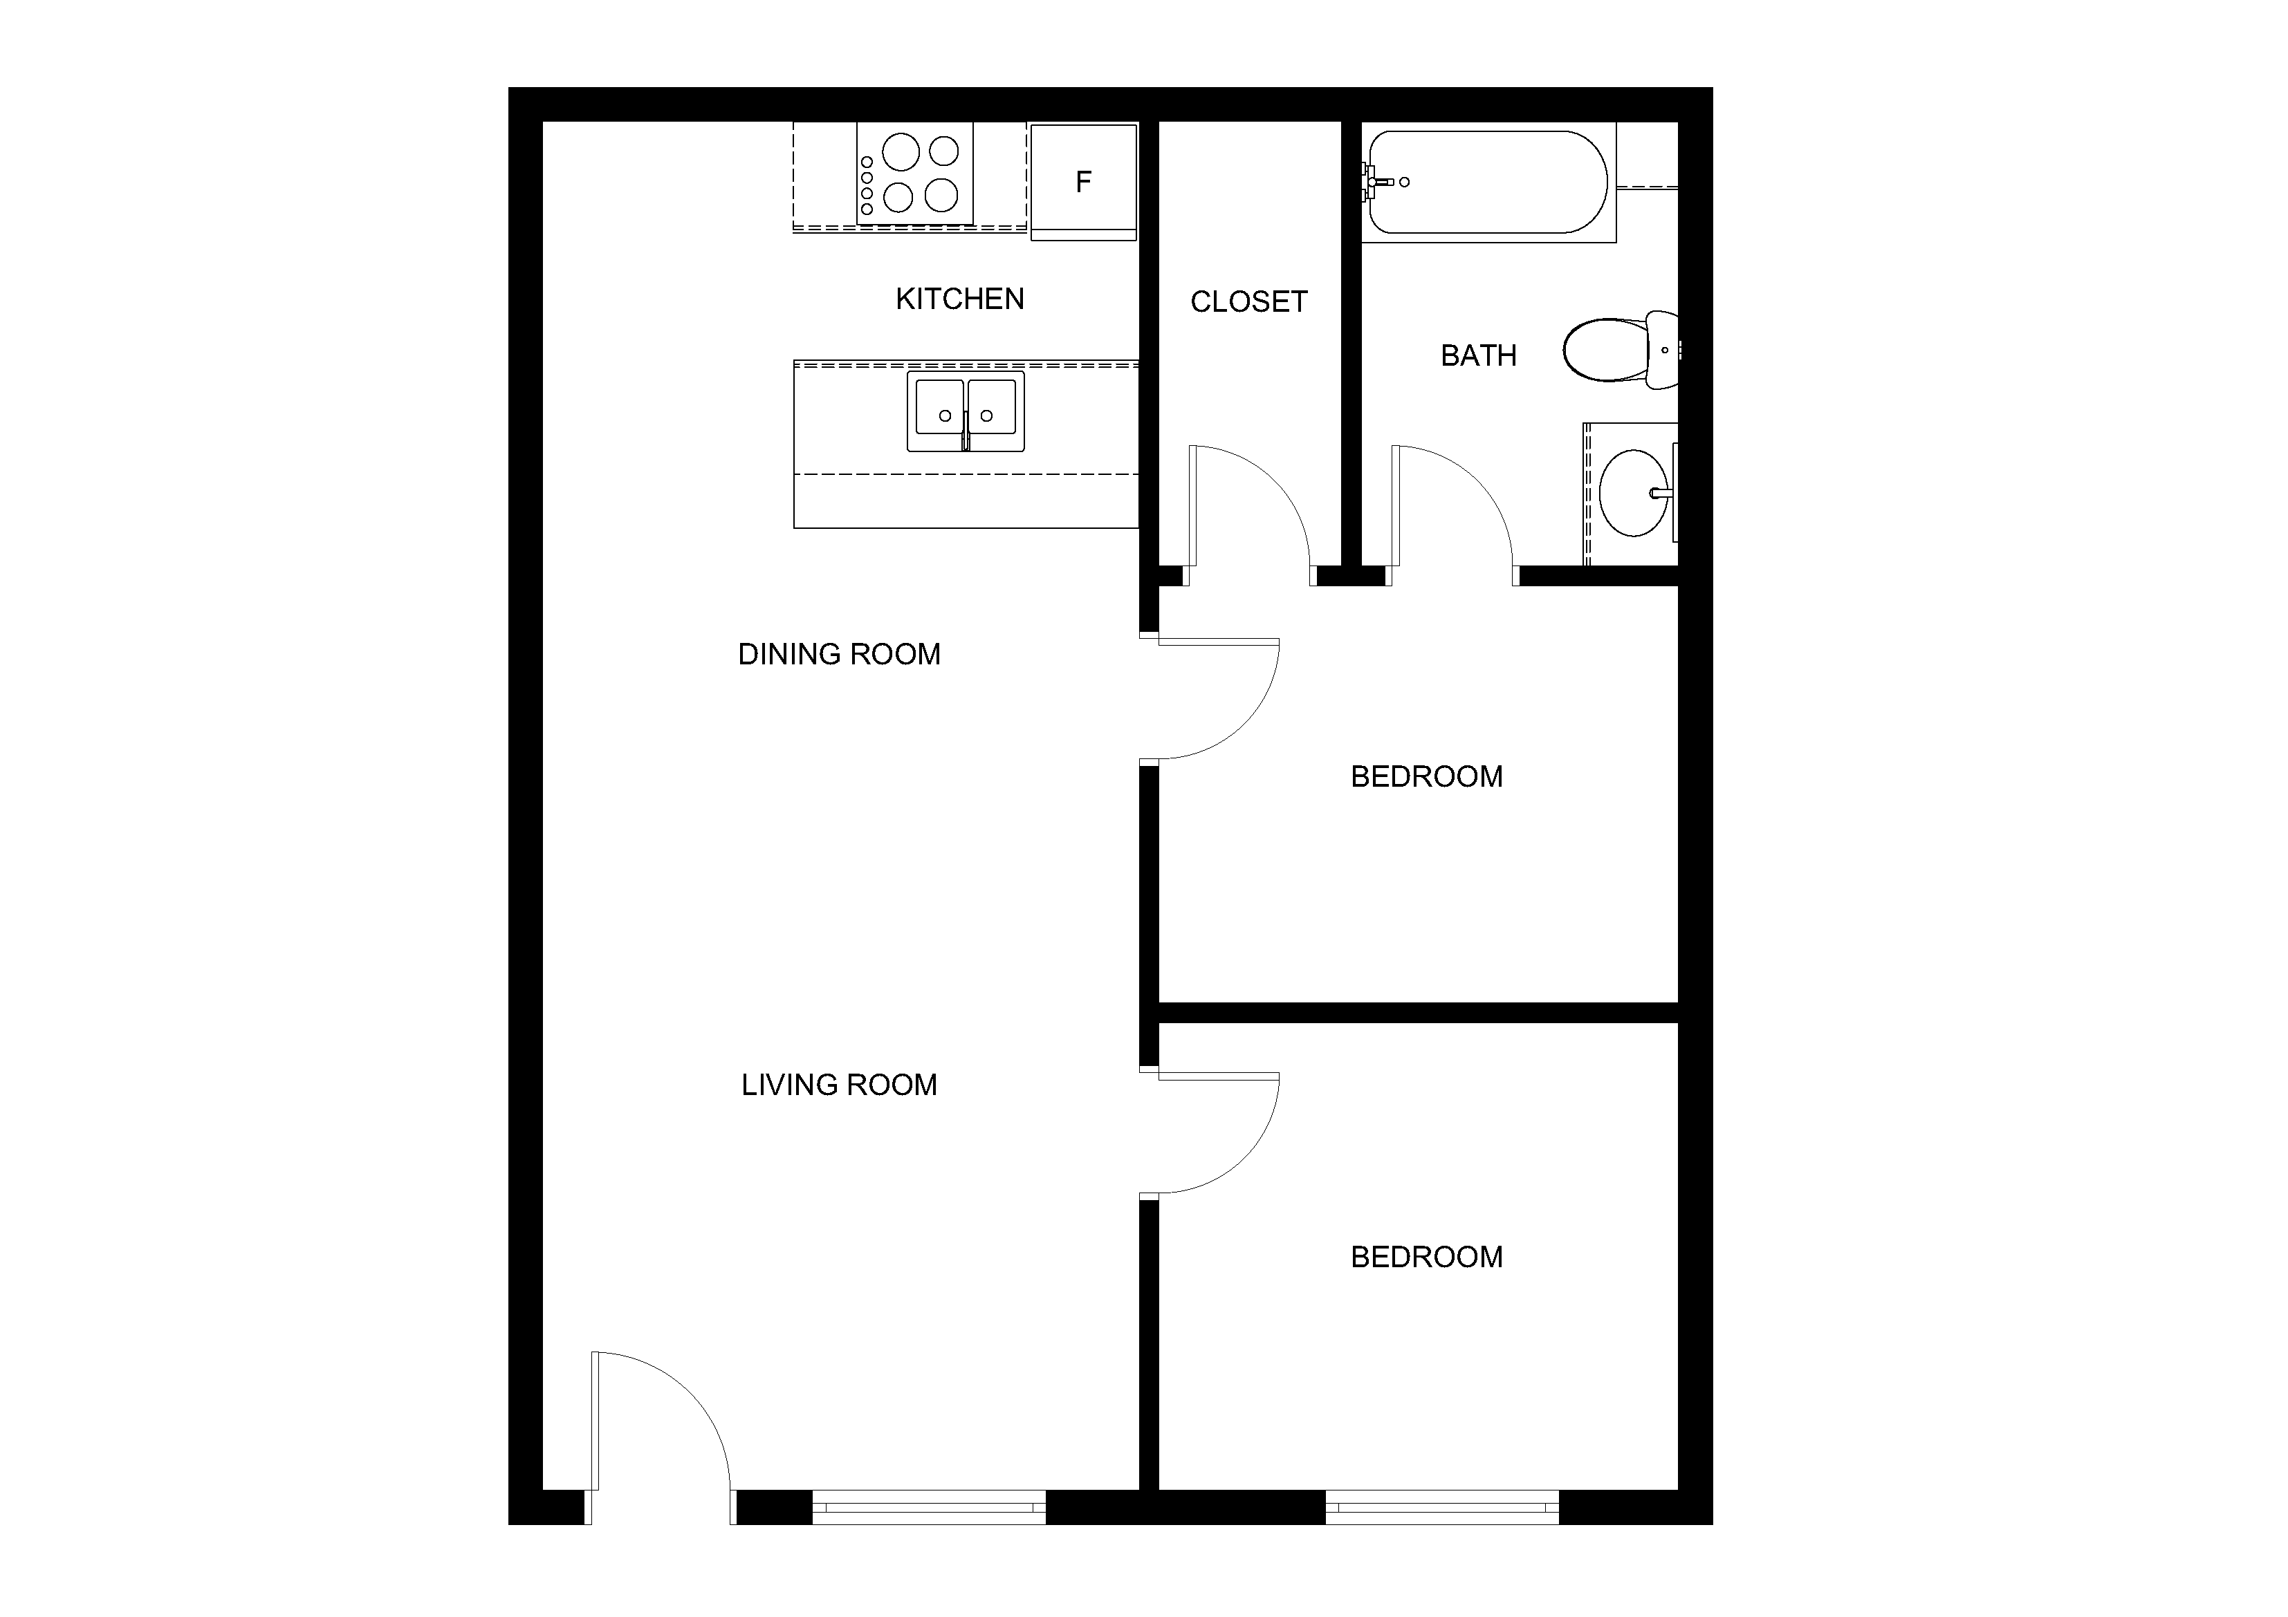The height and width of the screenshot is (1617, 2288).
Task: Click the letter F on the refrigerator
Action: click(x=1083, y=181)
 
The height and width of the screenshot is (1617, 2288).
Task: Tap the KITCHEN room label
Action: click(x=959, y=299)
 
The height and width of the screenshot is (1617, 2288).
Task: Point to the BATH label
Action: click(x=1479, y=355)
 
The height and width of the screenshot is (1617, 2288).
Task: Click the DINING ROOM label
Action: click(x=839, y=655)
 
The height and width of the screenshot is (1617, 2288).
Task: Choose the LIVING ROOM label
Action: click(x=839, y=1085)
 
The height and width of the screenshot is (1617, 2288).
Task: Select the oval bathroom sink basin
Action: click(x=1633, y=493)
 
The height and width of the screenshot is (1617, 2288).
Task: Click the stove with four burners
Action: click(x=915, y=174)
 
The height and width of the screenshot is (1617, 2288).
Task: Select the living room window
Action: click(x=930, y=1507)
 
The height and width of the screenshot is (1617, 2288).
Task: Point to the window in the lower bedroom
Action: click(x=1442, y=1507)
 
